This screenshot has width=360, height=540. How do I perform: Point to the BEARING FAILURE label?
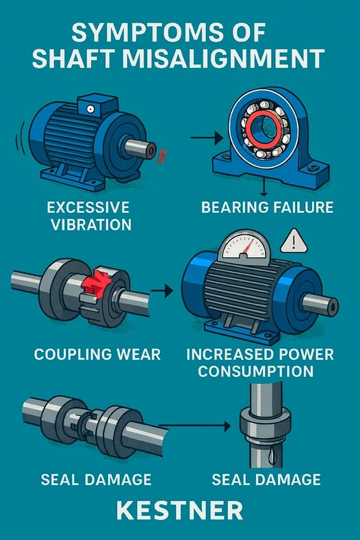click(x=269, y=207)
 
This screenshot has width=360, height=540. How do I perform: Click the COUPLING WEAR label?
click(x=97, y=355)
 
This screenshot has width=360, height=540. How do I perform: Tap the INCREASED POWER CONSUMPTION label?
click(x=260, y=363)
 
